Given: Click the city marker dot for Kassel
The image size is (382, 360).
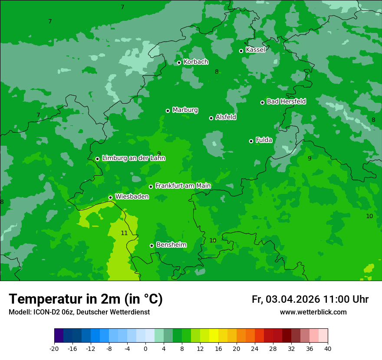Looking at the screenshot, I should tap(241, 51).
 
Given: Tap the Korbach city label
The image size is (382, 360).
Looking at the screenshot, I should tap(196, 62).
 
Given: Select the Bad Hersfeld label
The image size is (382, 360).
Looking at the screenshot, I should tap(286, 101).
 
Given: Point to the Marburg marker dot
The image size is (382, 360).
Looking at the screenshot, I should tap(168, 111).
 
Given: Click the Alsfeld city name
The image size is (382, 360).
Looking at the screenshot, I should tap(226, 117).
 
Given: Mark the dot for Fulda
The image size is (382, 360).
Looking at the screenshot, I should tap(251, 141).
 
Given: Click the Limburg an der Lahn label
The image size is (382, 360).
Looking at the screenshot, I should tap(133, 158).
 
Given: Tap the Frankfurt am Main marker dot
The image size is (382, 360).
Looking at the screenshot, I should tap(151, 187).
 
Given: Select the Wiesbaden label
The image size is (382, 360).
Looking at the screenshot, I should tap(132, 197).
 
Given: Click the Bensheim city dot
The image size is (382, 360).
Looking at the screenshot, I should tap(151, 245).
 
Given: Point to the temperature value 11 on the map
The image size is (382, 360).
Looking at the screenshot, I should tap(124, 233).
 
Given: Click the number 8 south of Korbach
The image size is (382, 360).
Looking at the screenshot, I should tap(217, 72).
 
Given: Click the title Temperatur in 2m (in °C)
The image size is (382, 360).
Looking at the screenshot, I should tap(86, 299).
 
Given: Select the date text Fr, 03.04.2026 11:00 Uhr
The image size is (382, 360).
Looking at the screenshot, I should tap(310, 299).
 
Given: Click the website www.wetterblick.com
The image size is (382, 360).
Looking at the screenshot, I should tap(313, 312).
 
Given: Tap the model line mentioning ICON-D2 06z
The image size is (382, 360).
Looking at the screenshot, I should tap(79, 312).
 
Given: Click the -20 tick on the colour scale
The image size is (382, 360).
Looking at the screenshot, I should tap(54, 348).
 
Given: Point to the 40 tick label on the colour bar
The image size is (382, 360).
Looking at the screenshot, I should tap(327, 348).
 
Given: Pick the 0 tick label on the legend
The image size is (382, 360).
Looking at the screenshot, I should tap(145, 348).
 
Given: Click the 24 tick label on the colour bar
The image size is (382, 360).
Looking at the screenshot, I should tap(255, 348).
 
